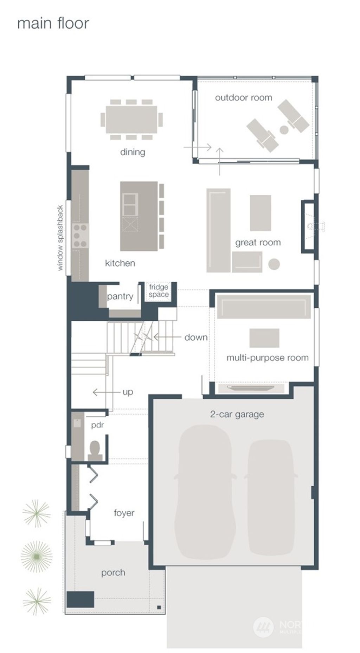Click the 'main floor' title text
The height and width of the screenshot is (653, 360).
click(53, 24)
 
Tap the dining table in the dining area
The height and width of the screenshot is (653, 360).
click(131, 120)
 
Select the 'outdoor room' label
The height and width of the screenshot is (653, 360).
click(243, 98)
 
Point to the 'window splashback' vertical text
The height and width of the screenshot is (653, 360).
click(60, 238)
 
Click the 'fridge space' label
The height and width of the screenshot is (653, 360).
click(159, 291)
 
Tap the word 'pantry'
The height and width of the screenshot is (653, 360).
click(120, 296)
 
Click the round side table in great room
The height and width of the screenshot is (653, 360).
click(274, 264)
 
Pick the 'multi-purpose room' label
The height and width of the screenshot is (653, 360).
click(267, 358)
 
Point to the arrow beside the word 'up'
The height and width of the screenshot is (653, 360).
click(105, 392)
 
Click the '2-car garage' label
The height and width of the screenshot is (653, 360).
click(237, 414)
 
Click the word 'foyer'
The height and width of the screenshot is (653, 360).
click(124, 513)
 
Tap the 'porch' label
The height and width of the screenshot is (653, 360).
click(113, 572)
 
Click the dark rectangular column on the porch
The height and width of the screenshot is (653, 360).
click(81, 600)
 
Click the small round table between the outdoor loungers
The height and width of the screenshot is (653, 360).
click(284, 130)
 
